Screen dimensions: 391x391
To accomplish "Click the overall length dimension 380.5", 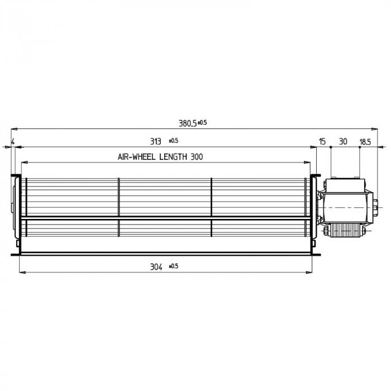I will click(188, 123).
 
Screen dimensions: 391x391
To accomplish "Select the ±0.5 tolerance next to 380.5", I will click(202, 122).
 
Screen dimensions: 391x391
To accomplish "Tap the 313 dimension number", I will click(155, 141).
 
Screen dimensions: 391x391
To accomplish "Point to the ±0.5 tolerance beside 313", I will click(173, 140).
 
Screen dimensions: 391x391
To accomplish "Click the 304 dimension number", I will click(156, 268).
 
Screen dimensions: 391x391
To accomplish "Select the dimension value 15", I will click(322, 141).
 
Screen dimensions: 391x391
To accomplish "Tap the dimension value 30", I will click(343, 141).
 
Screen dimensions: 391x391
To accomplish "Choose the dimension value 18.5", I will click(365, 141).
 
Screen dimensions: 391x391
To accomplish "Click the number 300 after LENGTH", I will click(196, 158).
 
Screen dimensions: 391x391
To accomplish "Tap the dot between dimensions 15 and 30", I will click(331, 147).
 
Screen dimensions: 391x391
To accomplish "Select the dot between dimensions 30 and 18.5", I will click(359, 147).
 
